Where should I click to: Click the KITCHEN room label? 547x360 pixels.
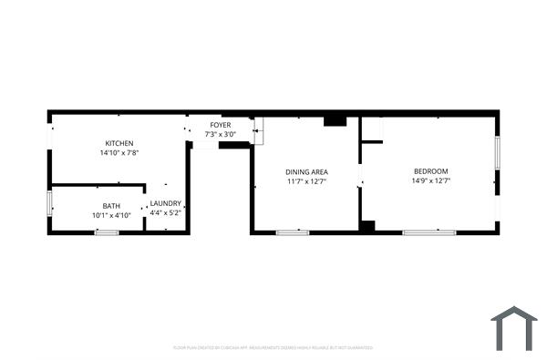pos(119,143)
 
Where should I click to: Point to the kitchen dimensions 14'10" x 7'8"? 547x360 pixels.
pos(119,153)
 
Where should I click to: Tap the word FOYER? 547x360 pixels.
pos(221,124)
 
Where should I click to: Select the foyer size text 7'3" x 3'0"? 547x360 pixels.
pos(221,134)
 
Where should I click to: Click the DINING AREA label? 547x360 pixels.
pos(306,171)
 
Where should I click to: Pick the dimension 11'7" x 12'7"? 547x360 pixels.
pos(306,181)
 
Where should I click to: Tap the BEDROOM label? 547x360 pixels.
pos(431,171)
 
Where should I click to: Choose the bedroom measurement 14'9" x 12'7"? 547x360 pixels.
pos(431,181)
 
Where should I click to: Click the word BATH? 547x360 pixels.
pos(111,205)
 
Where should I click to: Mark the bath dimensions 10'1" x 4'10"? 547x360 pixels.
pos(111,215)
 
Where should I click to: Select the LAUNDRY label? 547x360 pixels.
pos(166,203)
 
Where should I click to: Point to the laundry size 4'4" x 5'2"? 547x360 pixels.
pos(166,212)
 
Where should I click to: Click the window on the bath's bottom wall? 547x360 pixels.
pos(107,232)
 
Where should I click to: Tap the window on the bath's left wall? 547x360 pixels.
pos(50,203)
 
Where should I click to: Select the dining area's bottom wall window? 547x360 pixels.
pos(293,232)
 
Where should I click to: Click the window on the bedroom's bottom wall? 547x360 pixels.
pos(428,232)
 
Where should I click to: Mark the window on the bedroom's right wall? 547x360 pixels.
pos(497,152)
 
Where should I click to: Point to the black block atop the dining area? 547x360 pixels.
pos(335,119)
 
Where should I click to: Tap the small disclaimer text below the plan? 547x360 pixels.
pos(273,347)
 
